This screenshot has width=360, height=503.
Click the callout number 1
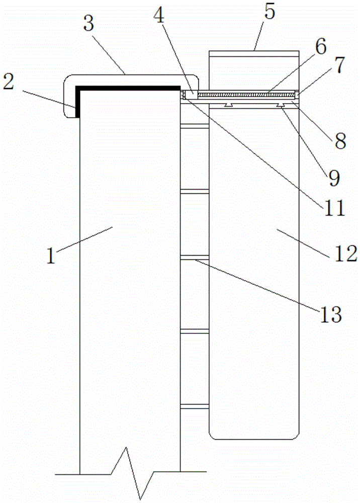click(51, 256)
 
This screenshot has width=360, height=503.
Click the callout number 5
click(269, 12)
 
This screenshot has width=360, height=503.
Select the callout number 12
click(346, 254)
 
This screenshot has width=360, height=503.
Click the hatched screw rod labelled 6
click(246, 95)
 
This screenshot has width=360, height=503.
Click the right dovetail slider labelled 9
click(282, 105)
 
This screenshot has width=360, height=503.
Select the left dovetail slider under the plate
click(229, 105)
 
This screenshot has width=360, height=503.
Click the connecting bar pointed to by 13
click(195, 257)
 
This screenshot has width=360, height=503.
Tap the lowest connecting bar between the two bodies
click(195, 406)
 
